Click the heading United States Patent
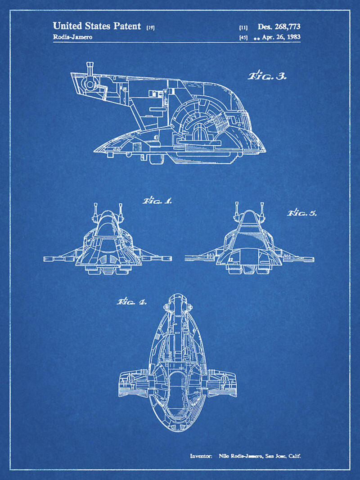point(97,26)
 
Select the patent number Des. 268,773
point(279,27)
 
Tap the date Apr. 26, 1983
point(282,37)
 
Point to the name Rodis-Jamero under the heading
point(72,37)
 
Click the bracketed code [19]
point(150,27)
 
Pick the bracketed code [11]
point(243,27)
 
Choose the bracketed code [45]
point(243,37)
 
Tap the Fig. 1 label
point(157,201)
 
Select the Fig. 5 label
point(302,212)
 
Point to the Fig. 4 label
point(131,301)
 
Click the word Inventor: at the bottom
point(201,456)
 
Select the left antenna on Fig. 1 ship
point(95,210)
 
